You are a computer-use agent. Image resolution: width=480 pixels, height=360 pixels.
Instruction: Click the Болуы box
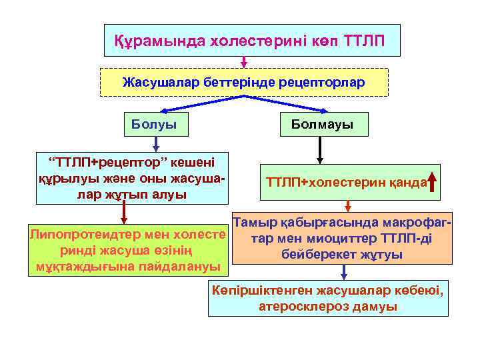click(x=154, y=124)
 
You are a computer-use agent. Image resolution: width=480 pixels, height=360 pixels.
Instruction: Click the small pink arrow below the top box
click(x=244, y=62)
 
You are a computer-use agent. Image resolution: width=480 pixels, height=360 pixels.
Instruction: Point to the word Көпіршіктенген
click(x=263, y=291)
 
